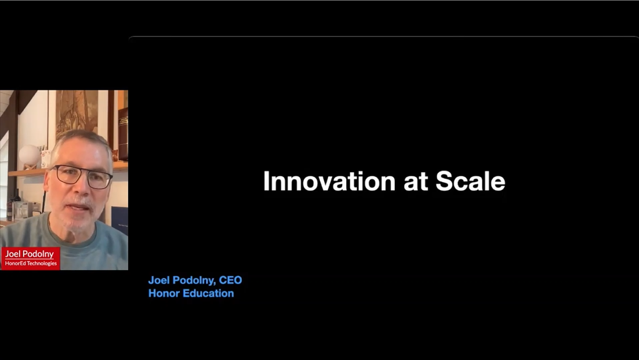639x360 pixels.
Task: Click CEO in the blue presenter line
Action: tap(230, 280)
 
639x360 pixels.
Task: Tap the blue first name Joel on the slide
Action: tap(158, 280)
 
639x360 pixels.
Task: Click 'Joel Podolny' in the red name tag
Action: tap(30, 254)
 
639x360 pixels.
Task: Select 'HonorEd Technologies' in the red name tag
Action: tap(31, 264)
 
